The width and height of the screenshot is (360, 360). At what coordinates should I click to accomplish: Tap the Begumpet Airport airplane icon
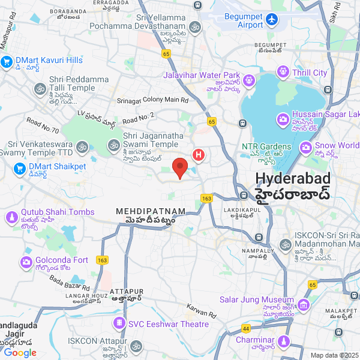273,20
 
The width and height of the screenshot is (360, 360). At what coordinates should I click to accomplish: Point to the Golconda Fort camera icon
26,262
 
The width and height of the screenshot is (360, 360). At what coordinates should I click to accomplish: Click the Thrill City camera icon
283,73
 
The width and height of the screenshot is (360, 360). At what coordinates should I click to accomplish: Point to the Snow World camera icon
305,146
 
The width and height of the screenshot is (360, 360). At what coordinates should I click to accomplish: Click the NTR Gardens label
266,146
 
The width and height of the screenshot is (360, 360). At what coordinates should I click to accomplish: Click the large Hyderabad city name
293,179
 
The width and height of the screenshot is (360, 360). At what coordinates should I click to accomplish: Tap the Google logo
20,353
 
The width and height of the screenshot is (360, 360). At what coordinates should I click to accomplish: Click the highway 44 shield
246,328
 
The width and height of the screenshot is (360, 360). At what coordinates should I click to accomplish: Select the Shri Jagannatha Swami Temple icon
113,145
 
